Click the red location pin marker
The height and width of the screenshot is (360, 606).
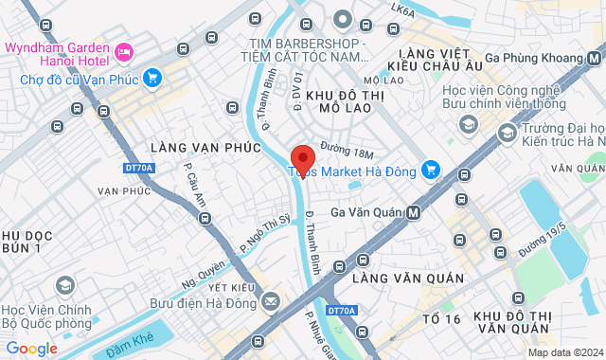pos(302,158)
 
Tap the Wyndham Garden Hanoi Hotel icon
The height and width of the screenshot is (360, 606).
pos(123,49)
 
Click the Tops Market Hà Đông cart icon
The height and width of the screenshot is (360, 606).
pos(431,170)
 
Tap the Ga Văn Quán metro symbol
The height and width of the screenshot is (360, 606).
pos(413,213)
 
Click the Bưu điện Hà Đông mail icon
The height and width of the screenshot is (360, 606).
pos(271,303)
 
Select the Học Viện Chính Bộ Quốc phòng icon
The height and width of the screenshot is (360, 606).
pos(64,285)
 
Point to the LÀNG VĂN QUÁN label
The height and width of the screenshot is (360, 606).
pos(407,279)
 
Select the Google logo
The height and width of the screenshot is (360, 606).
pos(30,349)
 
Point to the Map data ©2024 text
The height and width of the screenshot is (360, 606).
pos(563,353)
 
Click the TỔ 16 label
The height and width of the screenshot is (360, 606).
pos(440,319)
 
